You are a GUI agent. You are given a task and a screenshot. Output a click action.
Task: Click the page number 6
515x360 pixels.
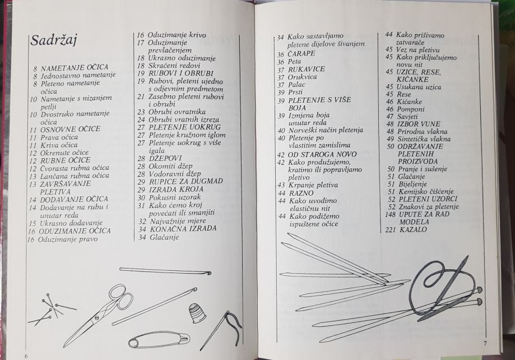tap(26, 356)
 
